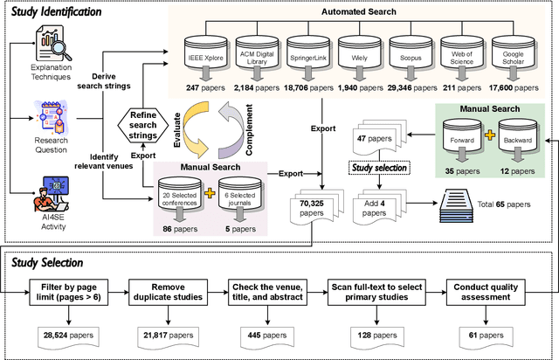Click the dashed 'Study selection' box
[x=380, y=168]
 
